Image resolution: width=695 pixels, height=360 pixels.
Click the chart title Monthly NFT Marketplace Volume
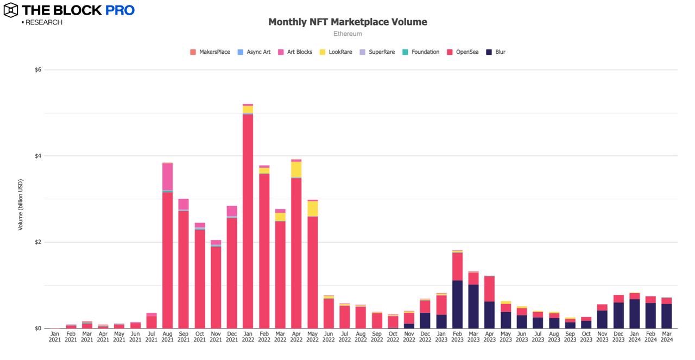tap(347, 22)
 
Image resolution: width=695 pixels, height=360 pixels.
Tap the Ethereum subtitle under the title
tap(347, 34)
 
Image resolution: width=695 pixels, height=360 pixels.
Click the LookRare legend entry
tap(337, 52)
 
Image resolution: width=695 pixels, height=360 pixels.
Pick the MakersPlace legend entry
tap(210, 52)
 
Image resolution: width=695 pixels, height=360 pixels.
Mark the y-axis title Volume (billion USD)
tap(21, 204)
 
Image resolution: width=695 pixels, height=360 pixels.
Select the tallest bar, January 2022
tap(248, 217)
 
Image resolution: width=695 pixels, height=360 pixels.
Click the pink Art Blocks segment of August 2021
tap(167, 176)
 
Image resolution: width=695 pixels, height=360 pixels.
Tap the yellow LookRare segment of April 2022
tap(296, 169)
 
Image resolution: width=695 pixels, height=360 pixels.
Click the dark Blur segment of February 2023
tap(457, 304)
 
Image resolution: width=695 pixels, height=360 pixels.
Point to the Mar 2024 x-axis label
tap(666, 336)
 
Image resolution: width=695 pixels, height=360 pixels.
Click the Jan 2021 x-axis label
tap(55, 336)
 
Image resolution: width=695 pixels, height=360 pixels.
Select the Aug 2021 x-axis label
tap(167, 336)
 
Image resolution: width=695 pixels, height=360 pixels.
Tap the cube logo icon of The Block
tap(11, 10)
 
